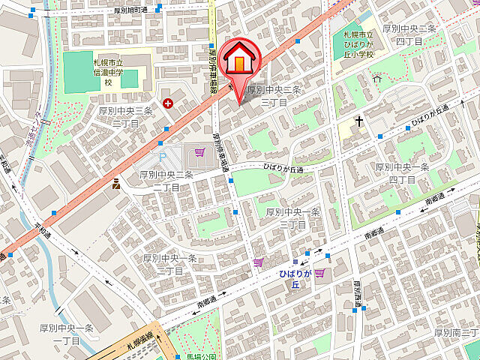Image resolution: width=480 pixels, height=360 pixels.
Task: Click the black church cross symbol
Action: [x=360, y=121]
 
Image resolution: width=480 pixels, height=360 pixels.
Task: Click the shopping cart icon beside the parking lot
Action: [x=199, y=152]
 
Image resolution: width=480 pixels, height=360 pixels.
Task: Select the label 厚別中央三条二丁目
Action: [x=126, y=116]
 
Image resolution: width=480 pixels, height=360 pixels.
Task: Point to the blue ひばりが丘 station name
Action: [x=295, y=279]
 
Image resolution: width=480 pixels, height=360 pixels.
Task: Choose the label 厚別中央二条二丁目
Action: [x=166, y=180]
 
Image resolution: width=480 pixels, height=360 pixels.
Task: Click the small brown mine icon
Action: [x=116, y=184]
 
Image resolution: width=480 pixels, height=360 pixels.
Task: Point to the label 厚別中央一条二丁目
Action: [x=170, y=263]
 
